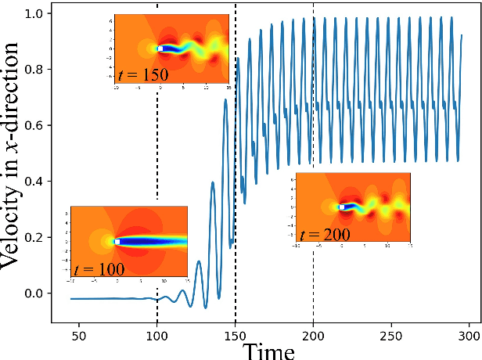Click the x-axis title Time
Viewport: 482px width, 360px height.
point(268,351)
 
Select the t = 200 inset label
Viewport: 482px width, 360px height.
point(324,233)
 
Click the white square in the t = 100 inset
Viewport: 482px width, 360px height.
point(117,242)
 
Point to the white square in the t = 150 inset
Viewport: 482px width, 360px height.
point(160,49)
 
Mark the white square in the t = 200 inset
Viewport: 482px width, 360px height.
point(341,207)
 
